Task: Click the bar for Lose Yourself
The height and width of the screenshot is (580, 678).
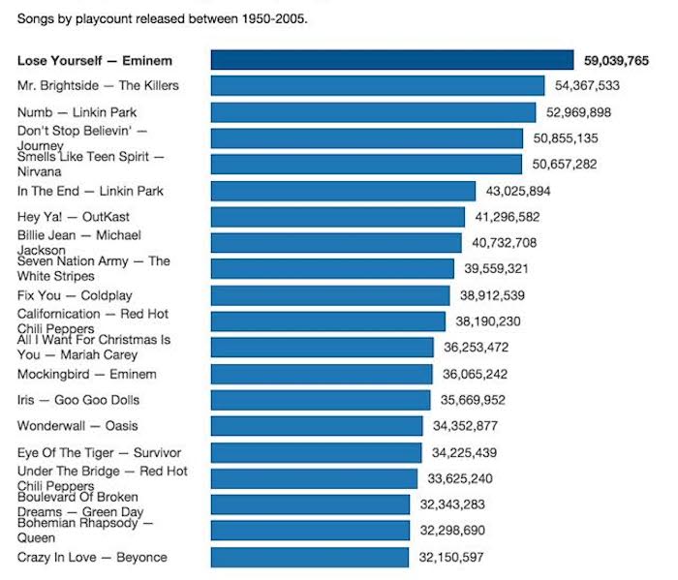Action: [392, 60]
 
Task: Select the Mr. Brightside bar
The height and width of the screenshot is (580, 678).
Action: [378, 86]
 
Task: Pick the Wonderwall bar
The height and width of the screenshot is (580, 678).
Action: [317, 426]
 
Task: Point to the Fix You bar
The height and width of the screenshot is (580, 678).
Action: [330, 295]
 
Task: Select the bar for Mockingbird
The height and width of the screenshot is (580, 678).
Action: [322, 374]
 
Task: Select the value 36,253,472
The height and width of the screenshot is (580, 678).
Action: [476, 348]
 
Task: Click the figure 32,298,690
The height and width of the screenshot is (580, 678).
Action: [452, 531]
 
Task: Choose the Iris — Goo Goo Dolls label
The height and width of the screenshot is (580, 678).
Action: [78, 400]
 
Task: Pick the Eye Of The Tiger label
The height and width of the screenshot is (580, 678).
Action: [99, 452]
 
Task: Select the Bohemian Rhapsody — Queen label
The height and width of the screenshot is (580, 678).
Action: [85, 531]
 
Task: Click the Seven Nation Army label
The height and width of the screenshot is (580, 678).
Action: [93, 268]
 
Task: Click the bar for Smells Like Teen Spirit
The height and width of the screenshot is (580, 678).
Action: [367, 165]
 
